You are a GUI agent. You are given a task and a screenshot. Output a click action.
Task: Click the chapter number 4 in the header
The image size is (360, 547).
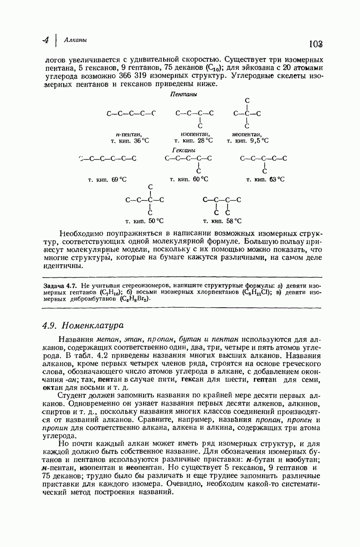[46, 40]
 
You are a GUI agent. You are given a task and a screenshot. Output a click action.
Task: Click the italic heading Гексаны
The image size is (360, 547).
[184, 150]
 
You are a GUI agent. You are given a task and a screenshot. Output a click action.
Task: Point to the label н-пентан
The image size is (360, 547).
[129, 134]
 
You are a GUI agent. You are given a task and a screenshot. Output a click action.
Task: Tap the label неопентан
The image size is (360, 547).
[247, 134]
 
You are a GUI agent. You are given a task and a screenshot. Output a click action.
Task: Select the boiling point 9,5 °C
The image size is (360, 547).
[258, 141]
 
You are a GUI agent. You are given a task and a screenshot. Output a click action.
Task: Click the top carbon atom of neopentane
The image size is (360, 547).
[247, 100]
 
